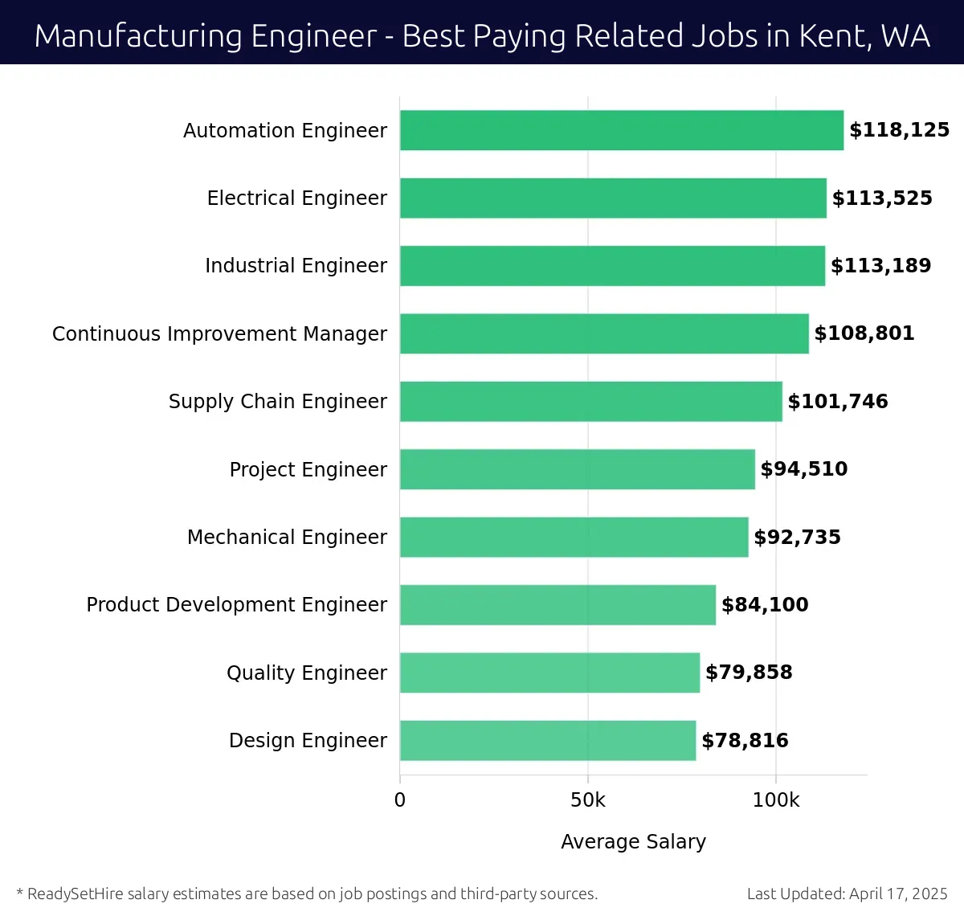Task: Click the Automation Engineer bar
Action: (622, 130)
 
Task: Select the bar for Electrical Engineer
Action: (613, 198)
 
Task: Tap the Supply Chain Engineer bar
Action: (591, 401)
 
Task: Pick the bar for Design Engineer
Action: (548, 740)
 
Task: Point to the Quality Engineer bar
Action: (549, 673)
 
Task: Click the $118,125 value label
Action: (899, 130)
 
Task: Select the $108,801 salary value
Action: (864, 333)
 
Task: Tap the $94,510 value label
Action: (803, 469)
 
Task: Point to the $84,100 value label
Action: (765, 604)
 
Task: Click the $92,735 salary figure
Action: (797, 537)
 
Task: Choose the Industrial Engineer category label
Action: (296, 266)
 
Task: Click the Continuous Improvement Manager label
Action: (219, 333)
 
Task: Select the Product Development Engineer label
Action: (236, 604)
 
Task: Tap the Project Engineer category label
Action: (308, 469)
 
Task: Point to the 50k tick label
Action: (588, 800)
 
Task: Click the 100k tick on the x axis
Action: (776, 800)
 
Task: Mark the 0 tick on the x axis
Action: (400, 800)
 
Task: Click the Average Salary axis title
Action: (633, 841)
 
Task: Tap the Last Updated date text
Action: (847, 894)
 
